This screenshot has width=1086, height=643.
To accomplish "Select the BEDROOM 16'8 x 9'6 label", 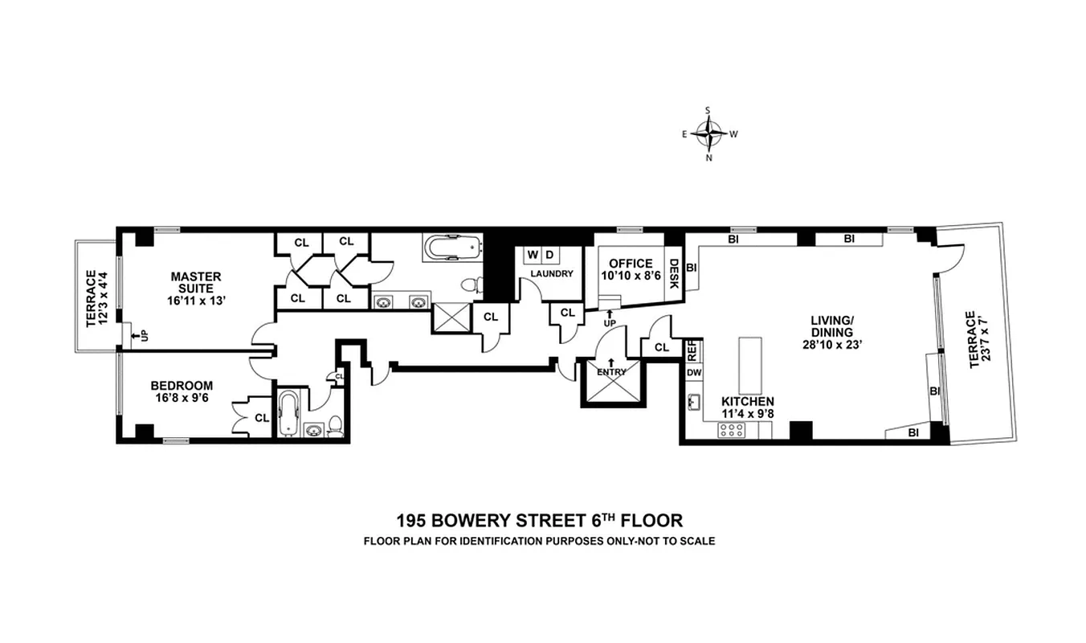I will coord(182,391).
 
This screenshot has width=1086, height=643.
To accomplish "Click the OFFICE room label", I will coord(631,269).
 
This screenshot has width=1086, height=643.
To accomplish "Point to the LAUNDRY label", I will coord(551,274).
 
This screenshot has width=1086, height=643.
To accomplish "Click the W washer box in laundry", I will coord(533,255).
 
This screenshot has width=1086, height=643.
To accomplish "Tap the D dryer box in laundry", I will coord(549,255).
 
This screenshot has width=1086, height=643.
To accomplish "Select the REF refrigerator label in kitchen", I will coord(692,350).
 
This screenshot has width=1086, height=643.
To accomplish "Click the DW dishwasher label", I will coord(692,373).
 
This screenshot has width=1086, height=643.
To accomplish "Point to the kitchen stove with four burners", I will coord(730,429).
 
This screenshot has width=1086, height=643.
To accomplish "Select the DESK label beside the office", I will coord(674,272).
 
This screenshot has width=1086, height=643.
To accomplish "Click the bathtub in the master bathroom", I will coord(451,247).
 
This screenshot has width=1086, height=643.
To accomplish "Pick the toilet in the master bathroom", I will coord(474,284).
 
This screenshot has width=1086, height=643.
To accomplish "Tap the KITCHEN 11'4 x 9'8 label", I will coord(747,408).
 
